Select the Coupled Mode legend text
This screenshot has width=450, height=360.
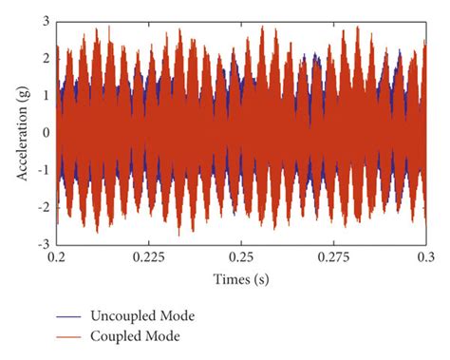130,335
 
